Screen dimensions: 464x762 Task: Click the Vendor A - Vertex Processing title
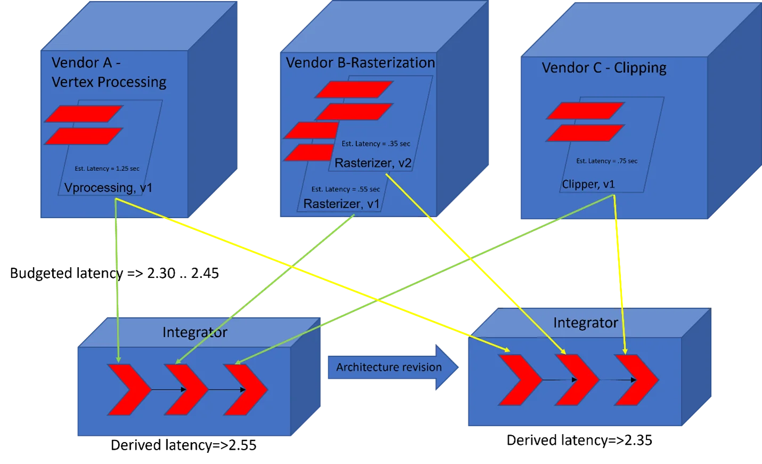click(109, 72)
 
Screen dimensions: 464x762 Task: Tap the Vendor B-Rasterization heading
click(360, 63)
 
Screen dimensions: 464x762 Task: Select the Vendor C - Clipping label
click(604, 68)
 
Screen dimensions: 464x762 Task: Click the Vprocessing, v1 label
click(108, 188)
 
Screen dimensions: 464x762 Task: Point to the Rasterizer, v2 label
click(373, 163)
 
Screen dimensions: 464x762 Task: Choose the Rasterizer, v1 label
click(341, 204)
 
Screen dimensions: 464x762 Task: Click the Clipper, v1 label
click(588, 184)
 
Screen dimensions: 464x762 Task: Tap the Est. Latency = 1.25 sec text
click(107, 169)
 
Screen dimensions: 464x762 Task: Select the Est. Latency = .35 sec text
click(376, 144)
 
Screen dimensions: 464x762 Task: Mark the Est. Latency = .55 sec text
click(346, 189)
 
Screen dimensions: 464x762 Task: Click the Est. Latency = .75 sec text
click(606, 161)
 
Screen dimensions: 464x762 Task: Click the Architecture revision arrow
click(392, 367)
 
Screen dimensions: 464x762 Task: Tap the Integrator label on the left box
click(194, 332)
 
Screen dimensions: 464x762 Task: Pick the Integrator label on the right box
click(585, 323)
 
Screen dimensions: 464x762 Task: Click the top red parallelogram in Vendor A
click(84, 114)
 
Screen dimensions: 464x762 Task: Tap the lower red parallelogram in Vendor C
click(585, 133)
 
